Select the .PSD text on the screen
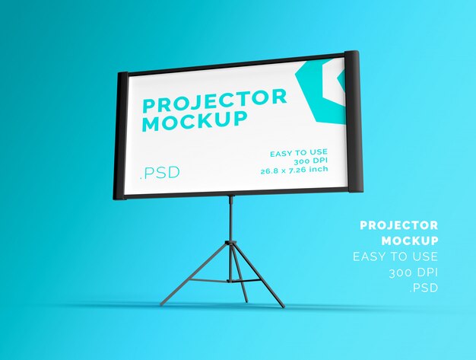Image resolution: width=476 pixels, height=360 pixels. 160,173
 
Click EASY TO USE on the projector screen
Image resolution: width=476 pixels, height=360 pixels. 299,153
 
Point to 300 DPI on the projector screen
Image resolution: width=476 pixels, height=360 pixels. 311,162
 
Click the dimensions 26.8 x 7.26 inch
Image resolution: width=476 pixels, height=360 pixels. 294,170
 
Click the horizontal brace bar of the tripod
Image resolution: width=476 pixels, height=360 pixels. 216,280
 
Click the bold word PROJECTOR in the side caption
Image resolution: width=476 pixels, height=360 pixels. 398,225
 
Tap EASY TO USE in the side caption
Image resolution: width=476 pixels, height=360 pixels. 395,256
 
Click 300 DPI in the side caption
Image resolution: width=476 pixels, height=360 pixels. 413,272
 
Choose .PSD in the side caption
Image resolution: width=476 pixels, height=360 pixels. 424,288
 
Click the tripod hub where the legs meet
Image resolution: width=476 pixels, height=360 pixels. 230,244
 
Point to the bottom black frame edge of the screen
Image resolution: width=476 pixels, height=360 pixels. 236,193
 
